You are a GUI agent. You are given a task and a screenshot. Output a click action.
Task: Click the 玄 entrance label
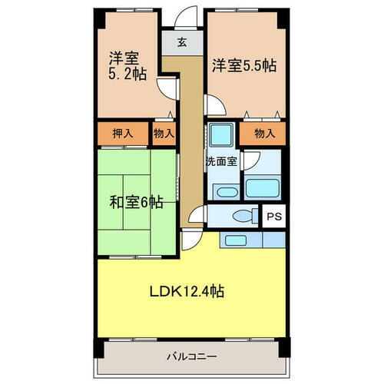(x=182, y=42)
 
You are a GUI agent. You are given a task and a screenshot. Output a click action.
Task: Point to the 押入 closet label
(x=123, y=133)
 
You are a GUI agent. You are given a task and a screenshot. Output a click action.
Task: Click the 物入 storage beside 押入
(x=163, y=133)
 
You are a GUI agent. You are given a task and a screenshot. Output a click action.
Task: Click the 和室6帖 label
(x=135, y=203)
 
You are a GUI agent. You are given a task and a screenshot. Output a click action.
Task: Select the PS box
(x=273, y=217)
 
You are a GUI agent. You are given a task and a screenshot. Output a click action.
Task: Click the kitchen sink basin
(x=233, y=240)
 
